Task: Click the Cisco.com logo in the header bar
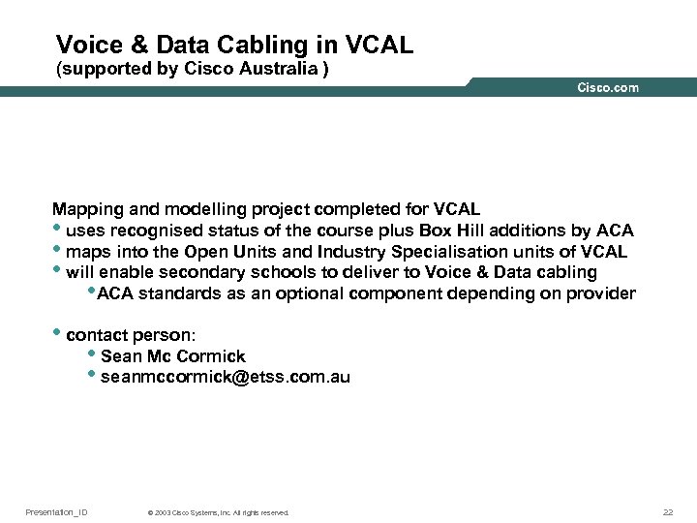608,88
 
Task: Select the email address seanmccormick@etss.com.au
225,378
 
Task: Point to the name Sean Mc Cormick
172,356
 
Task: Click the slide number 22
668,511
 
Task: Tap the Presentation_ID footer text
56,511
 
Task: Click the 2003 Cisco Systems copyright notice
217,512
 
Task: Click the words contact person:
131,335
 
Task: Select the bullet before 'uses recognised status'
57,230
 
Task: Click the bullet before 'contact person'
57,334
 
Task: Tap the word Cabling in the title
278,45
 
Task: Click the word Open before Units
204,252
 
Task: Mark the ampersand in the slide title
137,45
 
